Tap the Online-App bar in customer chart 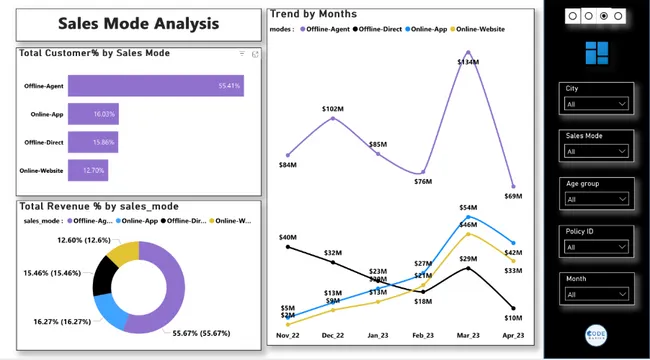(93, 115)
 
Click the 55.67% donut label (199, 333)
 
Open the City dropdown (597, 104)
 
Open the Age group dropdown (597, 199)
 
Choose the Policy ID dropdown (597, 247)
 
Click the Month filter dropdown (597, 295)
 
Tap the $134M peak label (467, 62)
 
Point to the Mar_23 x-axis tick (467, 336)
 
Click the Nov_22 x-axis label (288, 336)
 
